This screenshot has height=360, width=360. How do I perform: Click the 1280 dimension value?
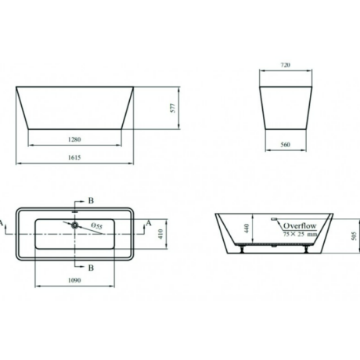click(74, 139)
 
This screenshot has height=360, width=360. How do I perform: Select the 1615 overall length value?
click(74, 157)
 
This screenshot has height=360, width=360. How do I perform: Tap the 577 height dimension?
click(173, 108)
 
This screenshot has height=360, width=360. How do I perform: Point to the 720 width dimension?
click(286, 65)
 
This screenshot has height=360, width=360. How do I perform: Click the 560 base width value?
click(286, 145)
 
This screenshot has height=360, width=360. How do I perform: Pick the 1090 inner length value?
click(74, 280)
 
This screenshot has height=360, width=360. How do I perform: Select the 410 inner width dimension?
click(160, 234)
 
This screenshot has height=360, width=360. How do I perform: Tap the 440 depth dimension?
click(247, 229)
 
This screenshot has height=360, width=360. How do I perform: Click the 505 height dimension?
click(354, 236)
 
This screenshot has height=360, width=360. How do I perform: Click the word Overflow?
click(300, 226)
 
